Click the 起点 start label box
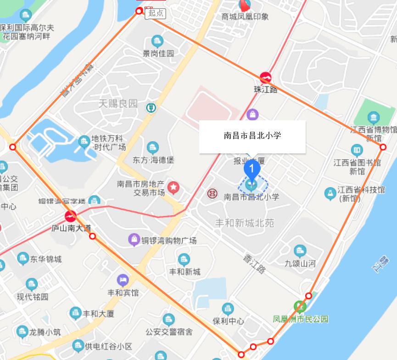(156, 13)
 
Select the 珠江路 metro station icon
(265, 78)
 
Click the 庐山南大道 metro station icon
(71, 216)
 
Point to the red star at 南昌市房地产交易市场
(173, 187)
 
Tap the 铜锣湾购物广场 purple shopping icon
(134, 239)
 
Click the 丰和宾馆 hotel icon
(123, 279)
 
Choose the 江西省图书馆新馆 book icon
(357, 150)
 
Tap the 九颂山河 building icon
(300, 251)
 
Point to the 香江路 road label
(254, 263)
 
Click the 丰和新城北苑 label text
(245, 223)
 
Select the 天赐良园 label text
(118, 103)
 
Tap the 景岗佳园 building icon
(157, 41)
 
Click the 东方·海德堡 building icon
(153, 148)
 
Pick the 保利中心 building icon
(228, 309)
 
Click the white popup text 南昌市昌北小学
(252, 135)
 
